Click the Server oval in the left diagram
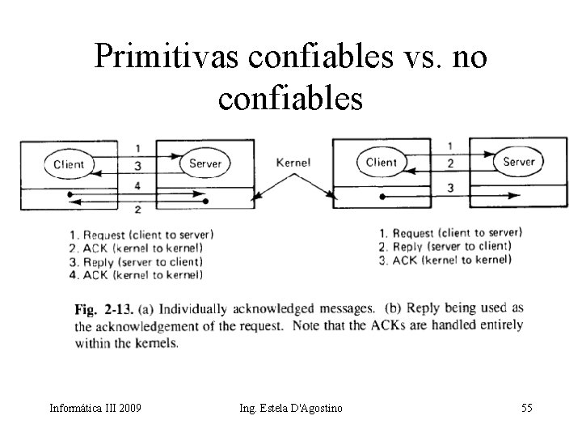tap(205, 163)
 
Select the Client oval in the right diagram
tap(382, 162)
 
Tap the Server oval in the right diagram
tap(519, 161)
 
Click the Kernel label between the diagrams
tap(293, 163)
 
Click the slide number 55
tap(526, 408)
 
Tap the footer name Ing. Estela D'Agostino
tap(290, 408)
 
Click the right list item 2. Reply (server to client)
tap(449, 246)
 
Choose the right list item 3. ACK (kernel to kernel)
tap(445, 260)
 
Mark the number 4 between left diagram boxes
tap(137, 186)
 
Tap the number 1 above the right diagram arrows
tap(449, 146)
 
